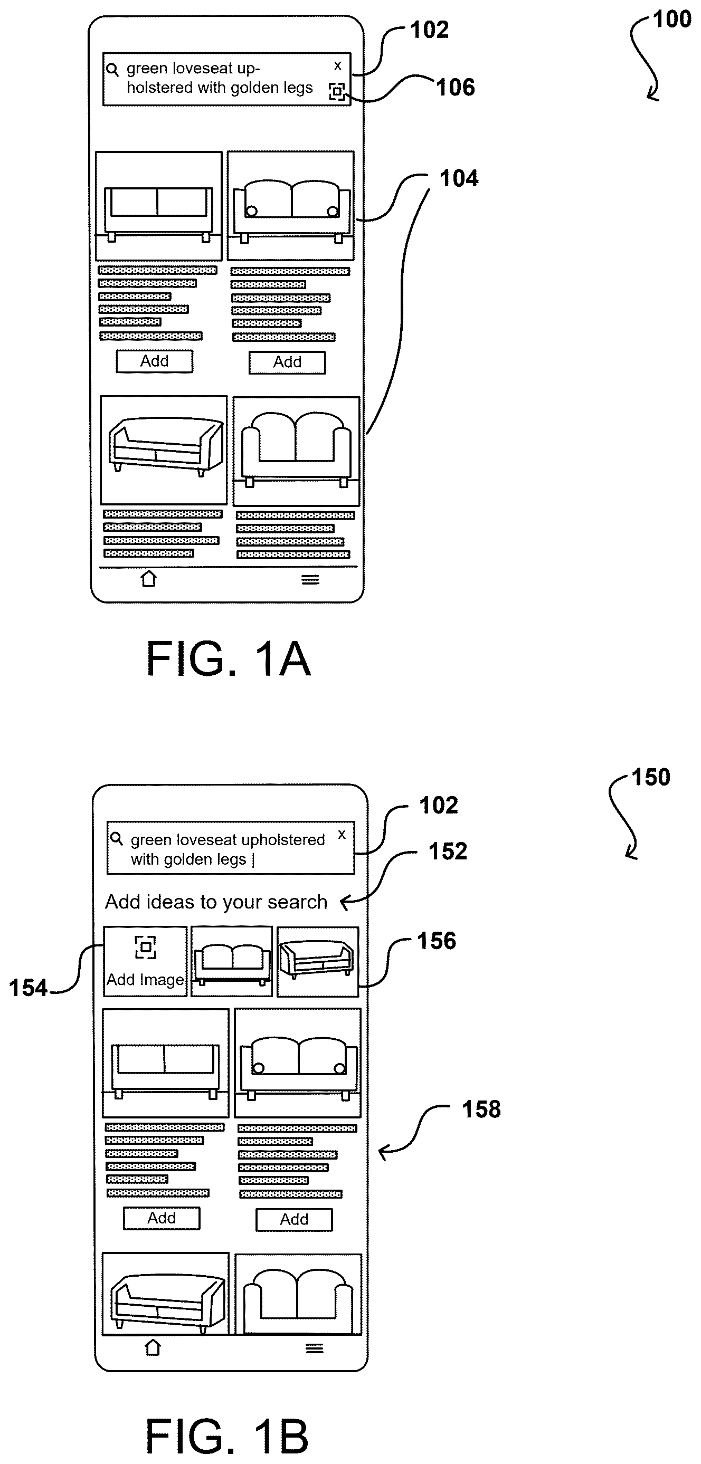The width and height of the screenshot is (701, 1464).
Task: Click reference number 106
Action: pos(456,88)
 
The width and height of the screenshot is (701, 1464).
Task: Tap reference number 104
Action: pos(459,178)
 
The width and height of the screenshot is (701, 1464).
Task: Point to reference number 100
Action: pos(672,20)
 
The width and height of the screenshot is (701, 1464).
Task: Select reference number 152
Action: pos(448,851)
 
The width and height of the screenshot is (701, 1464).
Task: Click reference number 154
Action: pos(28,988)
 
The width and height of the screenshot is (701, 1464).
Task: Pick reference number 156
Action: pos(437,941)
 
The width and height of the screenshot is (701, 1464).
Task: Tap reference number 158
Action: pos(481,1109)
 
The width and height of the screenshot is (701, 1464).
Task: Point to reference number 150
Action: pos(651,778)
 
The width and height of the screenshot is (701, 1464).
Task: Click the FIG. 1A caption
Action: pos(229,659)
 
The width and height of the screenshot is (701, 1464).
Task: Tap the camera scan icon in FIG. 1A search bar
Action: pos(337,91)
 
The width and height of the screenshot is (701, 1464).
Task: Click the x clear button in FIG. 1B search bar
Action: pos(342,834)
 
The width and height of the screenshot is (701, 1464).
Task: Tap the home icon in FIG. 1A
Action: pos(148,579)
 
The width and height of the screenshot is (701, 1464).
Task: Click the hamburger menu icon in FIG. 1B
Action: pos(315,1348)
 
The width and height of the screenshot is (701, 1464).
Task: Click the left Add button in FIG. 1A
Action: pos(155,361)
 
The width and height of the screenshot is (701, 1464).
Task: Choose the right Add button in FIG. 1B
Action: pos(294,1220)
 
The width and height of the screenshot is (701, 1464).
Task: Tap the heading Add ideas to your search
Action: pos(216,903)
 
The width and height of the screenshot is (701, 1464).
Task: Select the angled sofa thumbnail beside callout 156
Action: pos(318,962)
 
